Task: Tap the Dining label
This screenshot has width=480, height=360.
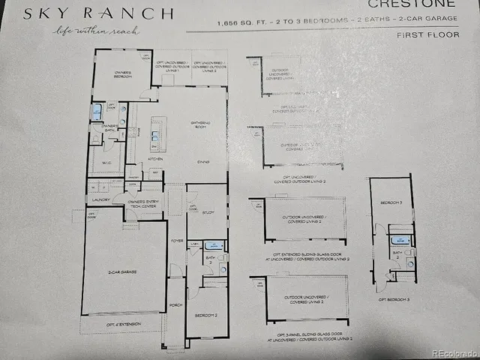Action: click(202, 160)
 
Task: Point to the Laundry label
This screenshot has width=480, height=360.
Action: click(100, 201)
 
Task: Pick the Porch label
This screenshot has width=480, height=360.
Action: click(175, 305)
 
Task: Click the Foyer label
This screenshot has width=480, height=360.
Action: click(177, 241)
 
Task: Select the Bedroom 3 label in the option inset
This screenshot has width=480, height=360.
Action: click(391, 203)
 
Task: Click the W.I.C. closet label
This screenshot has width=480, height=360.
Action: click(105, 163)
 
